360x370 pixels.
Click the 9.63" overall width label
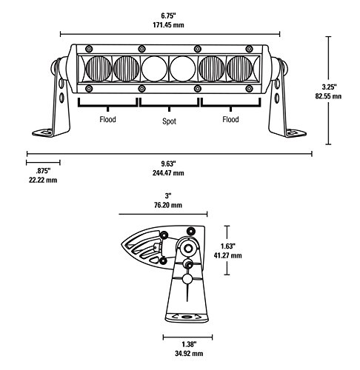tap(169, 164)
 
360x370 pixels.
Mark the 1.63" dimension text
tap(232, 246)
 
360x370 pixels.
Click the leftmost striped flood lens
tap(99, 70)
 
